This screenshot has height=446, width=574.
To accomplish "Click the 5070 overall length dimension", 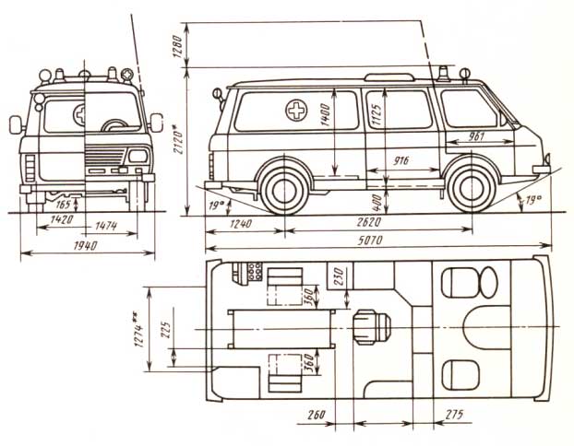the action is (x=370, y=240).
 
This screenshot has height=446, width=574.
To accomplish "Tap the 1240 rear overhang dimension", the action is (x=241, y=223).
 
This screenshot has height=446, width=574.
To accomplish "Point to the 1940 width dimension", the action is (x=85, y=245).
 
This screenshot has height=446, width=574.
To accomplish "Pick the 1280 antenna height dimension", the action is (x=177, y=47).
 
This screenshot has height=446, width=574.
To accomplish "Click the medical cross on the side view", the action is (x=296, y=110).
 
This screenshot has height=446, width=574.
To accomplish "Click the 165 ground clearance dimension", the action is (x=63, y=204).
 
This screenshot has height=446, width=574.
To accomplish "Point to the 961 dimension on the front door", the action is (x=476, y=136).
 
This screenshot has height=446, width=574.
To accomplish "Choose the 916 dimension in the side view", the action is (x=401, y=160).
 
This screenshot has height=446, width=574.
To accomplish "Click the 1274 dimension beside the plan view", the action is (x=138, y=329).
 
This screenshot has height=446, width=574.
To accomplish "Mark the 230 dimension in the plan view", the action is (x=339, y=276).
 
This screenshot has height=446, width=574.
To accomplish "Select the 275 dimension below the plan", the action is (x=454, y=414).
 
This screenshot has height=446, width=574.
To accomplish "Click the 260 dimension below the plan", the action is (x=317, y=415).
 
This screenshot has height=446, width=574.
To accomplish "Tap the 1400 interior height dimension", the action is (x=326, y=114).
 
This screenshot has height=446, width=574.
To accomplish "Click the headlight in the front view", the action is (x=138, y=156).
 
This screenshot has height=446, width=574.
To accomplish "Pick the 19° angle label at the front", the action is (x=533, y=200).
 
